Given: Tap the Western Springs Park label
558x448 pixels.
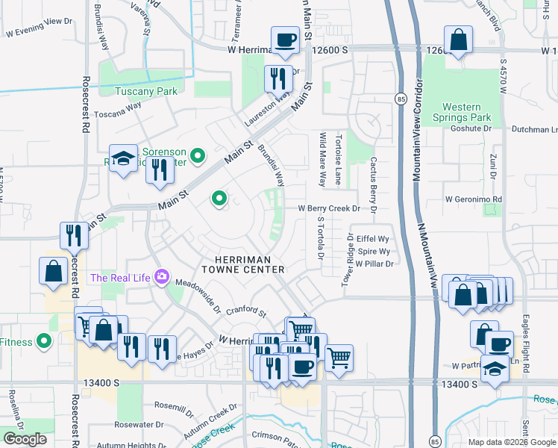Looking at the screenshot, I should pos(462,112).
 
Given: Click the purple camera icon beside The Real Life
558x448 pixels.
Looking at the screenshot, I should pos(160,278).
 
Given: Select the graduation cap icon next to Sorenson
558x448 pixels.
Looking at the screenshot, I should pos(124,159).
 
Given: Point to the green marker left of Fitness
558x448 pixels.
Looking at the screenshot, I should pos(44,342).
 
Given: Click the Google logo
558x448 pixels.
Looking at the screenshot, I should pos(25,439).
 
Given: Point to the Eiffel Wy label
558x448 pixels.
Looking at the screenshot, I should pos(373,238).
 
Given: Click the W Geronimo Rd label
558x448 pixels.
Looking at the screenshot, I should pos(474,199).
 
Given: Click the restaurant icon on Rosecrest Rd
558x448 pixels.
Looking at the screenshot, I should pos(75,234).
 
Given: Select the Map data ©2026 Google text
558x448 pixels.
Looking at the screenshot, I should pos(511,442).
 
